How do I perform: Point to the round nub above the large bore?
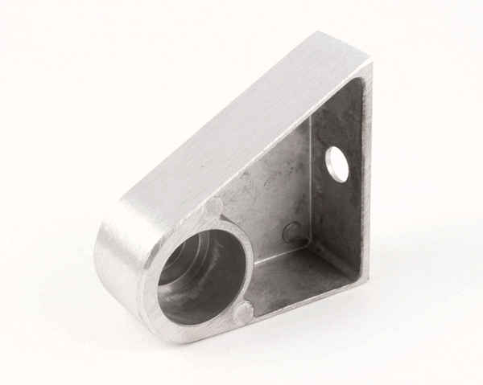click(212, 208)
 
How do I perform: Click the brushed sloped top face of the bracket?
click(233, 129)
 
